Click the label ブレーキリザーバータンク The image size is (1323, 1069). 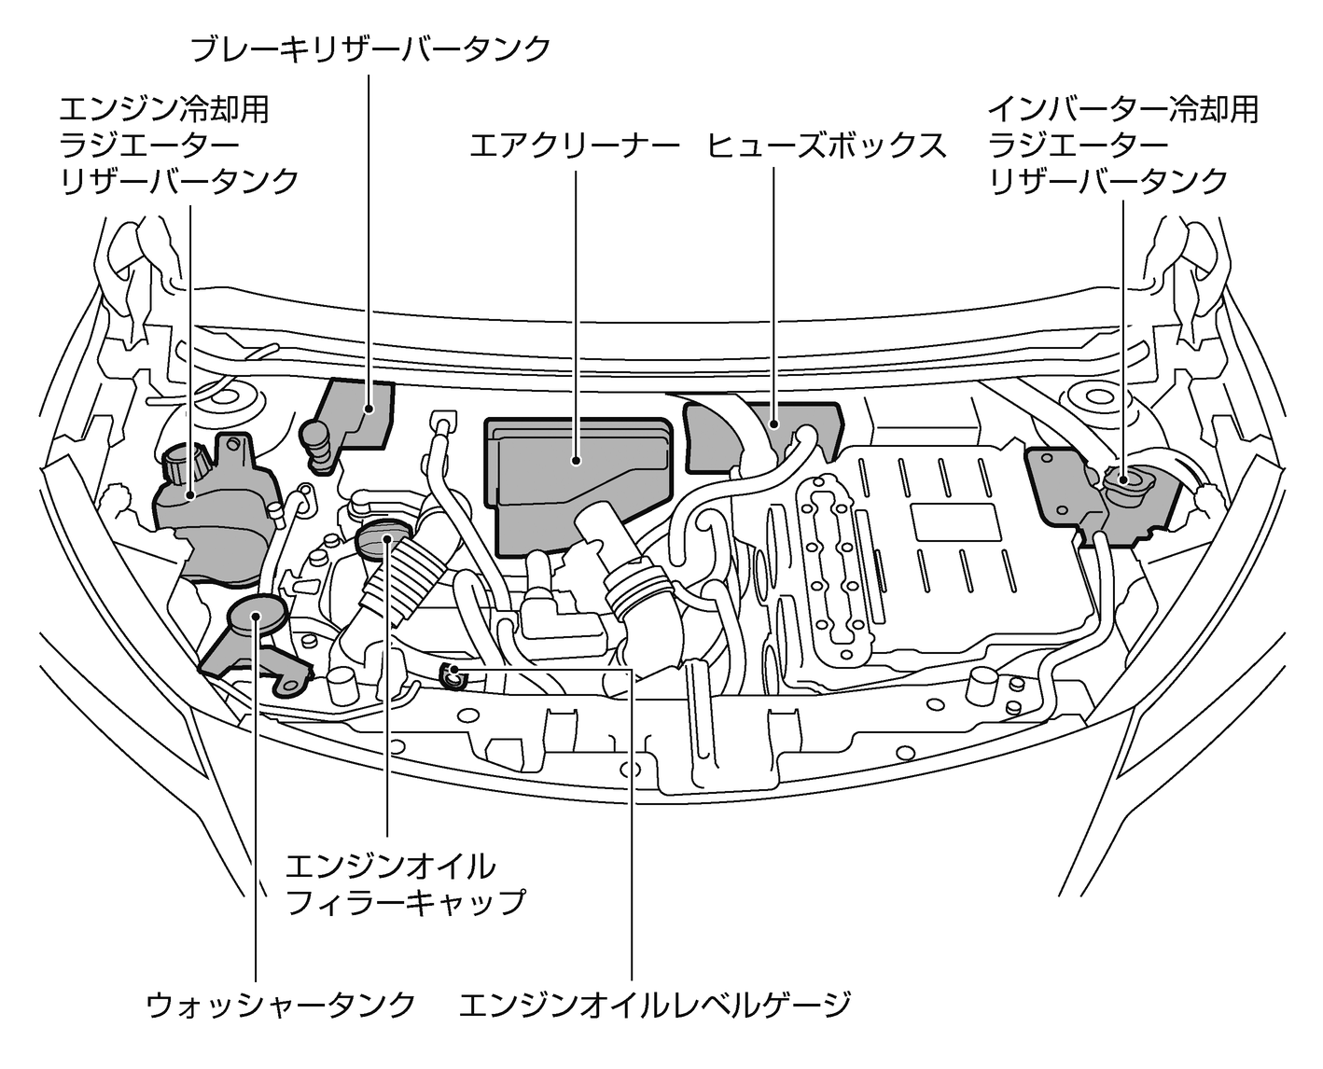370,49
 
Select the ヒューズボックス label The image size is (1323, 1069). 827,146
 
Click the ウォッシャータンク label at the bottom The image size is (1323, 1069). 281,1005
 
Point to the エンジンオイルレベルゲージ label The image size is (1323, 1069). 655,1005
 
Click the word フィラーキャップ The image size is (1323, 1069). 406,902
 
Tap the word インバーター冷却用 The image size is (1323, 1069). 1123,110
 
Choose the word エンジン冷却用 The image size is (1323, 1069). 164,110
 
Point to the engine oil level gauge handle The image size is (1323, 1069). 453,673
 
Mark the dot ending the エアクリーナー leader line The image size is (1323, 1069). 576,459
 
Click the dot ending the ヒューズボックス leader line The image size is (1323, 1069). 774,423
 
